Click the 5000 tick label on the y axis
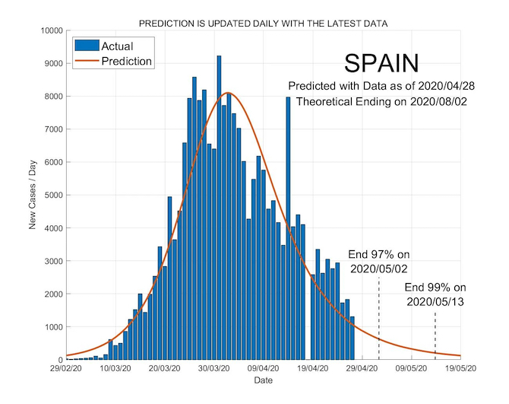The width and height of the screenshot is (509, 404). [x=50, y=196]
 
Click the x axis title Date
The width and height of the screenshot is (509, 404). [x=264, y=380]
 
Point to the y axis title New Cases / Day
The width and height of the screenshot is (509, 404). [x=33, y=196]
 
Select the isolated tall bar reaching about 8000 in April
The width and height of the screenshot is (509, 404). [x=288, y=152]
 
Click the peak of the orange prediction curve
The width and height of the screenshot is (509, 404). [x=229, y=94]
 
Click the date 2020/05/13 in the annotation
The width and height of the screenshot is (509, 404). [x=435, y=302]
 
